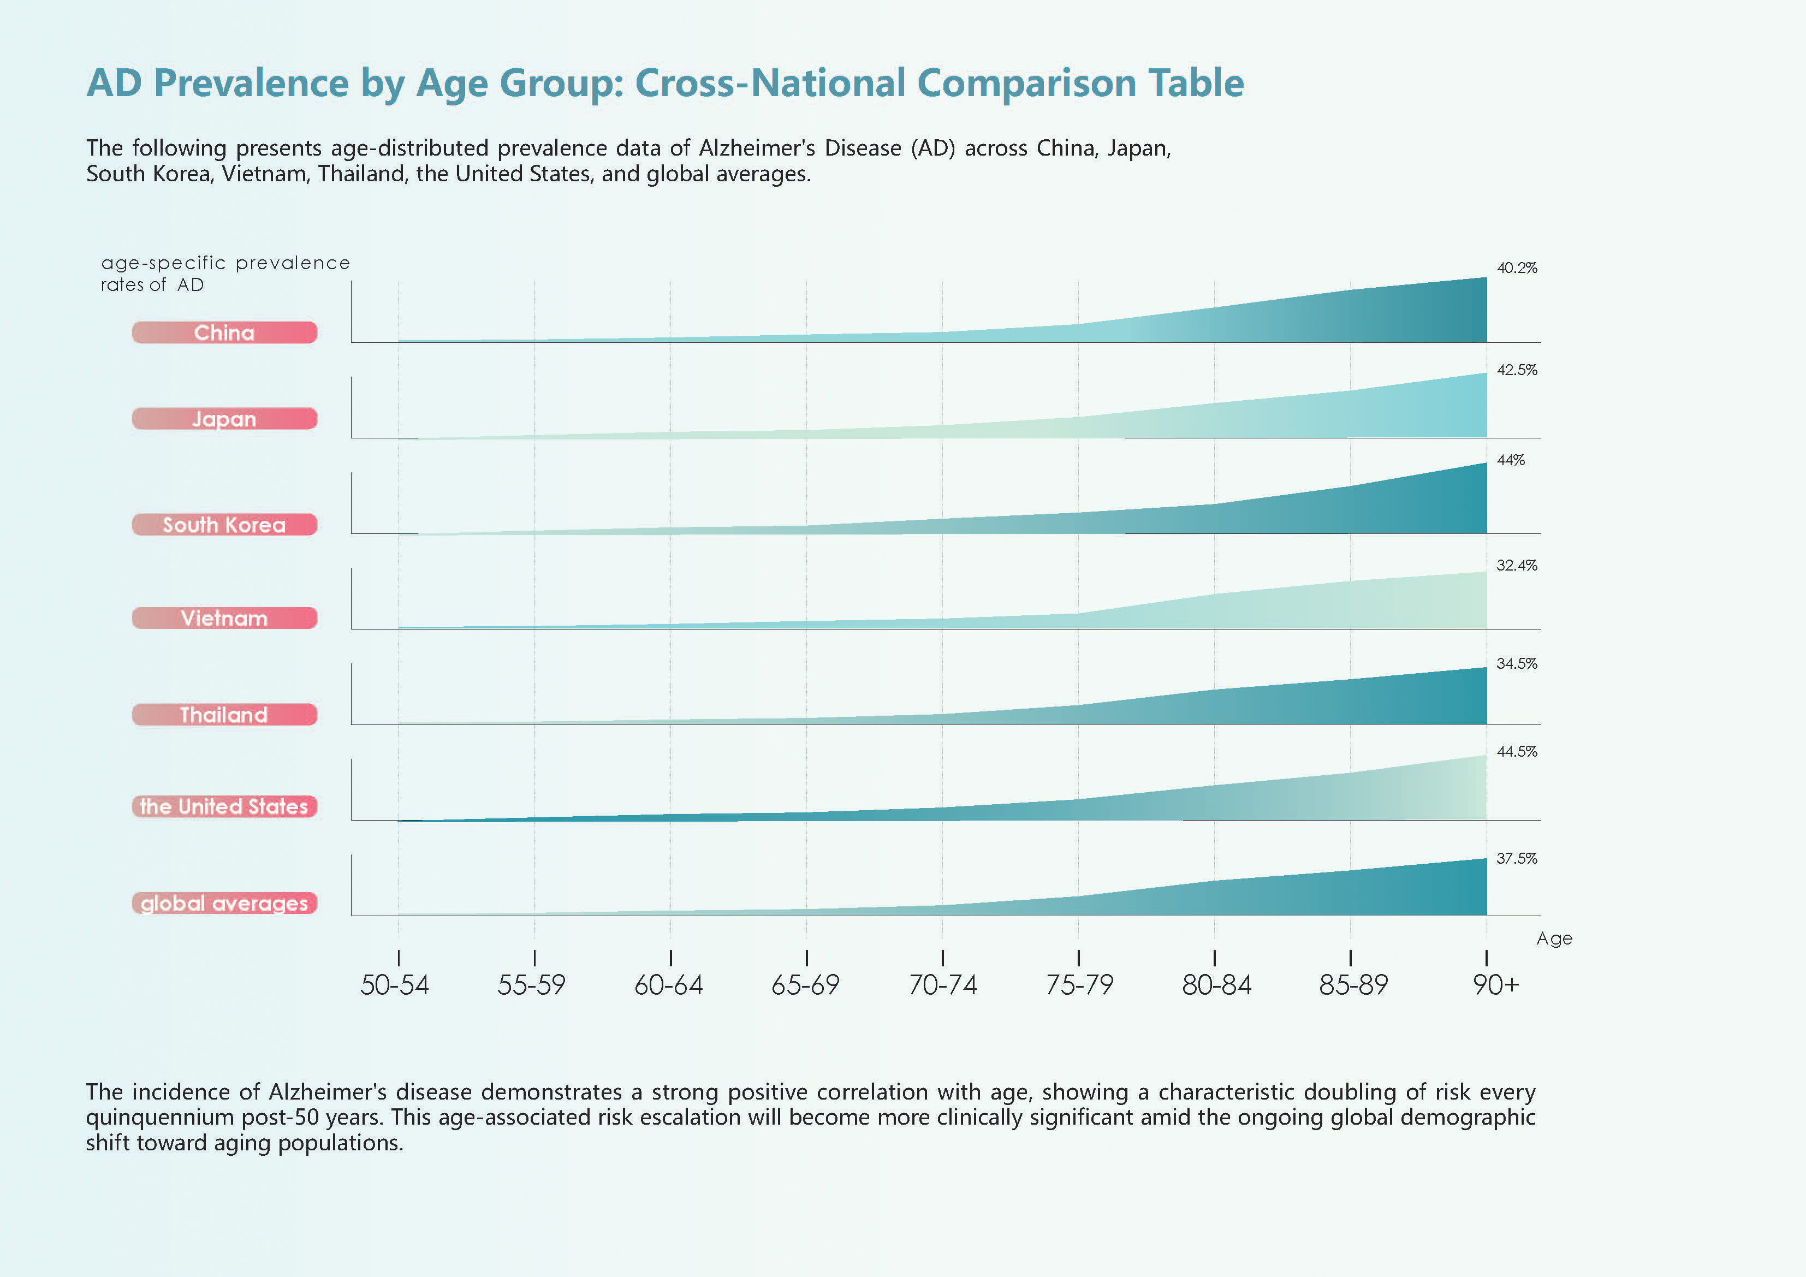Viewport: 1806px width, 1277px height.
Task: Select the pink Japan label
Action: [224, 419]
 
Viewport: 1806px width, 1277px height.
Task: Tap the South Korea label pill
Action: [224, 525]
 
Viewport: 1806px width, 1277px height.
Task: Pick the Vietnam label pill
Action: [224, 619]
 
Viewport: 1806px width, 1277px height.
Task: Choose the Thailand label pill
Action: [224, 715]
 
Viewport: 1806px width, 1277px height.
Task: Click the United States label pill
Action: [224, 806]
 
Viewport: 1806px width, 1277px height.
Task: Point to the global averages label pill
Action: [224, 903]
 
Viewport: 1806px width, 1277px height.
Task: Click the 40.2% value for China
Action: [1516, 268]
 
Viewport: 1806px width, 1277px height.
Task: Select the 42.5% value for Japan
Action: [1516, 370]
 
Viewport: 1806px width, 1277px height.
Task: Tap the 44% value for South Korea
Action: [1510, 460]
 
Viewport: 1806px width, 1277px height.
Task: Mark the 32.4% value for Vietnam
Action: [1516, 566]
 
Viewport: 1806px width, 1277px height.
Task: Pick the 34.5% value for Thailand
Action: [1516, 664]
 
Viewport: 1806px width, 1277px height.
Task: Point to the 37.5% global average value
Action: [1516, 858]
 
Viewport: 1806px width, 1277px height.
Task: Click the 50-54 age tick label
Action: [395, 985]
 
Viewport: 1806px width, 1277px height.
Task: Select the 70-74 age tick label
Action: [942, 985]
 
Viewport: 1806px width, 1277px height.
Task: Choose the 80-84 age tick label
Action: [1216, 985]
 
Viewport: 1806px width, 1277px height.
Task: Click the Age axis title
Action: [1554, 939]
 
